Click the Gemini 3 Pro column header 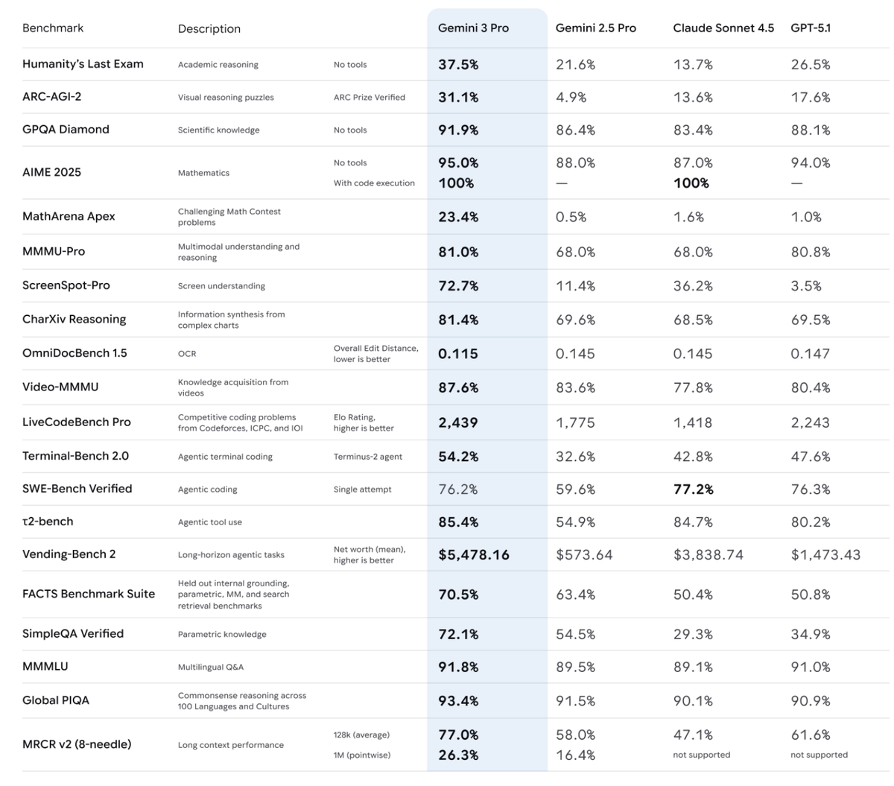473,28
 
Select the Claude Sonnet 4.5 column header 723,28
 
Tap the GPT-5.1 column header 811,28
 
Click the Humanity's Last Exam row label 83,64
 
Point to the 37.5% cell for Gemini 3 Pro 458,65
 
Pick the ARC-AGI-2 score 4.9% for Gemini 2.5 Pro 571,98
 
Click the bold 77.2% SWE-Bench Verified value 693,489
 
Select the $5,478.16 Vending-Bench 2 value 474,555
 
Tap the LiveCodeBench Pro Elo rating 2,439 457,422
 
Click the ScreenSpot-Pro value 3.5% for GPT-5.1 806,286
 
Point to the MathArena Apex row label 69,217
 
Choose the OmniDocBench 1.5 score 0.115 457,354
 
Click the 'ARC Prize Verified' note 369,98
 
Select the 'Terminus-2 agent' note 367,457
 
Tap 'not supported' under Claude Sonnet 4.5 701,755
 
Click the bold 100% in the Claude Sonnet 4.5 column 691,183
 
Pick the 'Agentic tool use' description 209,522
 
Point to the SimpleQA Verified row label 73,634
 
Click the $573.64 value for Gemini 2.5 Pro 584,555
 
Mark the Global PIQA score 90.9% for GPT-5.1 811,701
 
